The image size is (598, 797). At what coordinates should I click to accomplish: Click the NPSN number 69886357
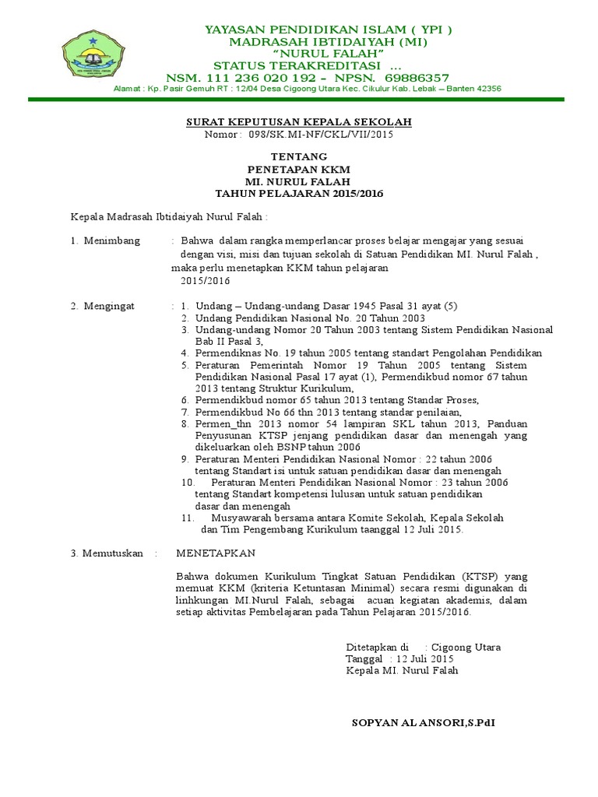coord(417,78)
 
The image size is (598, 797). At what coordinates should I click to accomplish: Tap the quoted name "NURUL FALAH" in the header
coord(328,52)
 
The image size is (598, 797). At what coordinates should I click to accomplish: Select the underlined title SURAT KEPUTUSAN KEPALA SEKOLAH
coord(298,122)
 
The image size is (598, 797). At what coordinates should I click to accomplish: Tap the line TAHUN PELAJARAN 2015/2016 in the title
coord(299,193)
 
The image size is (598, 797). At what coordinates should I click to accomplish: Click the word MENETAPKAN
coord(216,553)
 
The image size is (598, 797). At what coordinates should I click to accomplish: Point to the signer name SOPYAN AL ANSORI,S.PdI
coord(423,723)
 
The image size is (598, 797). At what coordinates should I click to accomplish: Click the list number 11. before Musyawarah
coord(187,518)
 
